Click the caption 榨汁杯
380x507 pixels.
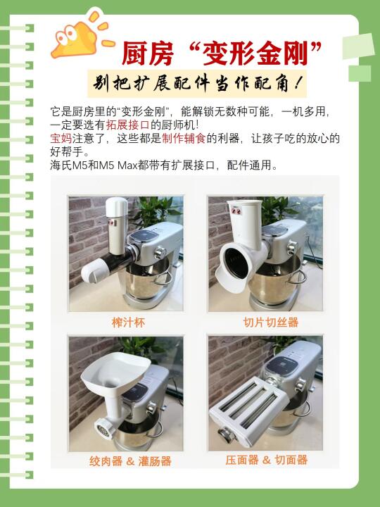pyautogui.click(x=128, y=323)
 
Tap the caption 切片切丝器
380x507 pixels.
pyautogui.click(x=271, y=322)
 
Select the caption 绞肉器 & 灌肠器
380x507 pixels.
pyautogui.click(x=130, y=461)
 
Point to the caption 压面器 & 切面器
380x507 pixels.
pyautogui.click(x=266, y=460)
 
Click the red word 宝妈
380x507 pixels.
pyautogui.click(x=61, y=139)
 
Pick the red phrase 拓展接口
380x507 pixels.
pyautogui.click(x=127, y=125)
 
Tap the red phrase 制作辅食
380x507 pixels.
pyautogui.click(x=184, y=139)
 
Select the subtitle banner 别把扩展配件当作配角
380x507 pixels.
pyautogui.click(x=197, y=84)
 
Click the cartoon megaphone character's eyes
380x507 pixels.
pyautogui.click(x=67, y=35)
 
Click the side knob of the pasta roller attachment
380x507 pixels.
pyautogui.click(x=226, y=434)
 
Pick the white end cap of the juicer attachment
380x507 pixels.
pyautogui.click(x=94, y=271)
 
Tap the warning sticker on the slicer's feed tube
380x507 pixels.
pyautogui.click(x=236, y=211)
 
